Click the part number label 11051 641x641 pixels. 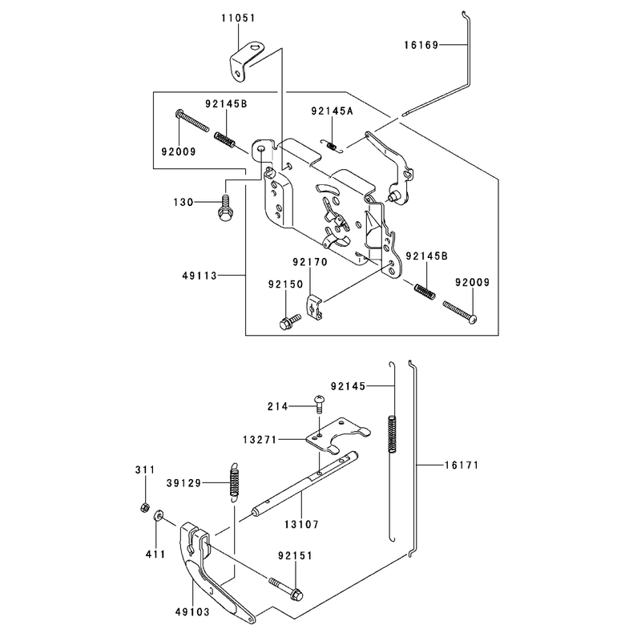[238, 18]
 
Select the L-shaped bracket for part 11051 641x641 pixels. [245, 62]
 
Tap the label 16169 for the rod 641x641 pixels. [421, 45]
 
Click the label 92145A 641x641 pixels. [332, 111]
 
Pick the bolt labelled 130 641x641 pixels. [224, 208]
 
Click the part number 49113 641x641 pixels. [200, 276]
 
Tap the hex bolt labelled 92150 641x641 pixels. [289, 322]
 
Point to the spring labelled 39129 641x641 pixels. [234, 482]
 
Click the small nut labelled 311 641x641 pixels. [144, 508]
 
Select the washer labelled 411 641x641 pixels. [158, 515]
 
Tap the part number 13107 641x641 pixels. [302, 525]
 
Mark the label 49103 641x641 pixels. [192, 612]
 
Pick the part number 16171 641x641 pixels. [462, 466]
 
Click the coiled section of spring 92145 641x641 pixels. [392, 433]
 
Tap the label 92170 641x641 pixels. [310, 262]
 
